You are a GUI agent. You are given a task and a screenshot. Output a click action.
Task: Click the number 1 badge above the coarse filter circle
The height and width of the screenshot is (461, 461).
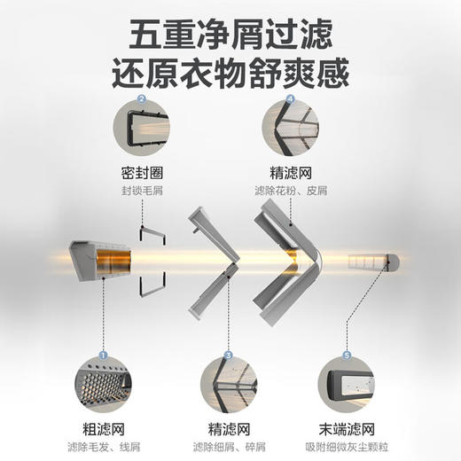(x=103, y=355)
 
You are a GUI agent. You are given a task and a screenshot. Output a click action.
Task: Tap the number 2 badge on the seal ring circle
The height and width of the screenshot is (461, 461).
(x=142, y=99)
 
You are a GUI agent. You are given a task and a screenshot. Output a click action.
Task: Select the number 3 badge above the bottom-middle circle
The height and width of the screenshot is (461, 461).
(x=228, y=355)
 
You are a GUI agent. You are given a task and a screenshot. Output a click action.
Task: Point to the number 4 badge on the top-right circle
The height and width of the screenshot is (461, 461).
(x=290, y=99)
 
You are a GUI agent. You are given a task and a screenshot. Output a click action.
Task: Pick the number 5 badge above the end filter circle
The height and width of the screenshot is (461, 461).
(x=347, y=355)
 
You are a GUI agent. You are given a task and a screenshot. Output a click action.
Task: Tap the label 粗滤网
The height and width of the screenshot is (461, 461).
(x=105, y=429)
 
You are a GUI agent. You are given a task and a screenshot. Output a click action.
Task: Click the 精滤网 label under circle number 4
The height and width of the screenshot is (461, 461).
(x=290, y=174)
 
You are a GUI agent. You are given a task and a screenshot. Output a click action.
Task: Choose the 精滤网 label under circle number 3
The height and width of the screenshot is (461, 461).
(x=228, y=429)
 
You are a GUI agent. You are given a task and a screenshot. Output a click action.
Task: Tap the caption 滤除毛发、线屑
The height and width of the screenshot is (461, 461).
(x=105, y=446)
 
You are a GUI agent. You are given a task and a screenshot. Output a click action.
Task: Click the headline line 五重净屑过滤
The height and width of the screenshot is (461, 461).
(x=230, y=33)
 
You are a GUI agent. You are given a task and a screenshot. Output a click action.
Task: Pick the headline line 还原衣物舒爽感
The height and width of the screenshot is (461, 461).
(x=230, y=71)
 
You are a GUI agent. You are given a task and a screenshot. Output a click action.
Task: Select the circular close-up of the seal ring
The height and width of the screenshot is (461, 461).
(x=142, y=128)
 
